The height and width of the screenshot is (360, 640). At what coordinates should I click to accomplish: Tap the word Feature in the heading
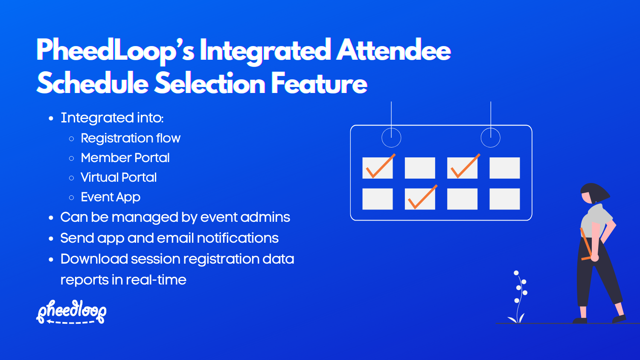(319, 84)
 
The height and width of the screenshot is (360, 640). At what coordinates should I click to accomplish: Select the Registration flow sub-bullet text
(131, 138)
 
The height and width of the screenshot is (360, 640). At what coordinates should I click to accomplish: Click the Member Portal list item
(125, 158)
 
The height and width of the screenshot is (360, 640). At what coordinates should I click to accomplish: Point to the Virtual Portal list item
(119, 177)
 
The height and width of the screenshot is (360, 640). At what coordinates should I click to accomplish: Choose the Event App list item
(111, 197)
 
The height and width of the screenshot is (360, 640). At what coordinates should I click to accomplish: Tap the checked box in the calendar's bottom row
(420, 199)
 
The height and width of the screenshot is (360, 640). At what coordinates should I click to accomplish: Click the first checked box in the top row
(378, 168)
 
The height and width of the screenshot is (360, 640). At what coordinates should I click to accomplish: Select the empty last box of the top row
(504, 168)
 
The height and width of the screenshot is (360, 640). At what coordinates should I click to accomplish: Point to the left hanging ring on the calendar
(391, 138)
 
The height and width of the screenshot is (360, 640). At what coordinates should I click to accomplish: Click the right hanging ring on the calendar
(490, 138)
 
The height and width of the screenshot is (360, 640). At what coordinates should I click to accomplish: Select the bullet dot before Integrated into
(51, 118)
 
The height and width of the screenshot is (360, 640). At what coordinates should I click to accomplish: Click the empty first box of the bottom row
(378, 199)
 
